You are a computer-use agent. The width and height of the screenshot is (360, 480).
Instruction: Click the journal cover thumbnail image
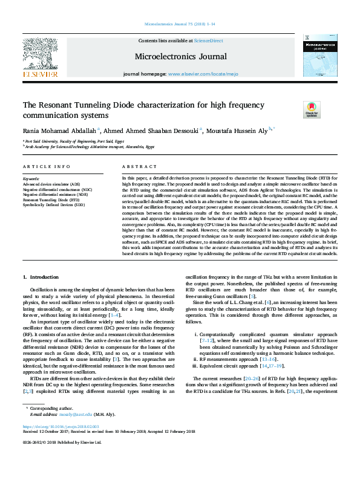(319, 56)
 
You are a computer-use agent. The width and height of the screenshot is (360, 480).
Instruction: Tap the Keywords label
(31, 179)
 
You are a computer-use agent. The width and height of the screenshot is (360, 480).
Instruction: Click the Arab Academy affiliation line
(90, 146)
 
